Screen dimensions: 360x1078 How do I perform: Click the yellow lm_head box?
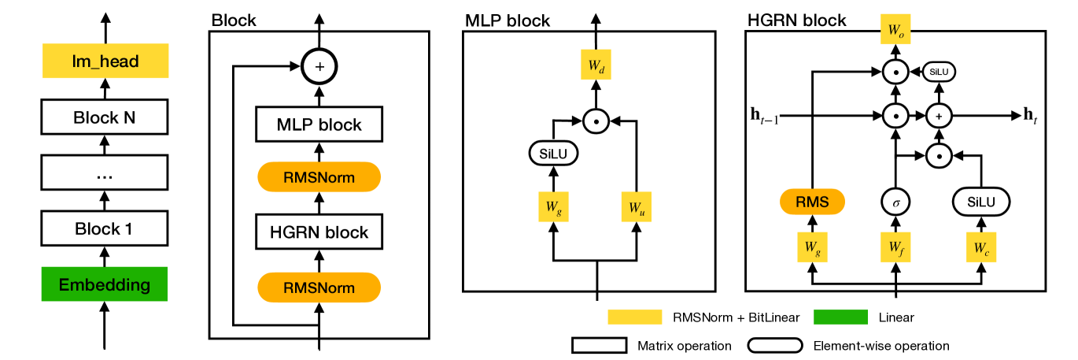105,61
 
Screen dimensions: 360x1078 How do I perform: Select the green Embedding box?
105,284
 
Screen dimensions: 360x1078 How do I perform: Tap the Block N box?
105,117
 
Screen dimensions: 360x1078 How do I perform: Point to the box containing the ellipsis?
105,173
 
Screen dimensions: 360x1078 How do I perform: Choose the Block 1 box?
105,228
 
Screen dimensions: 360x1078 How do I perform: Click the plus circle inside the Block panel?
319,67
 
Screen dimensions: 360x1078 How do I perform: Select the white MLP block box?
319,124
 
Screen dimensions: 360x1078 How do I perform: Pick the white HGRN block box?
319,232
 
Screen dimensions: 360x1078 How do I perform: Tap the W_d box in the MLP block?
596,68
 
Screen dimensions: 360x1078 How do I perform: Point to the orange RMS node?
812,202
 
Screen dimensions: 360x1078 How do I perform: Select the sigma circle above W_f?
895,202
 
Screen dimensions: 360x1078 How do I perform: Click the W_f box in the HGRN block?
895,247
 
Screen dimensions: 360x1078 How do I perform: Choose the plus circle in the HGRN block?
938,116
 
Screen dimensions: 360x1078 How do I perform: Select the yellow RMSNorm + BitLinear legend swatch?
634,317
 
